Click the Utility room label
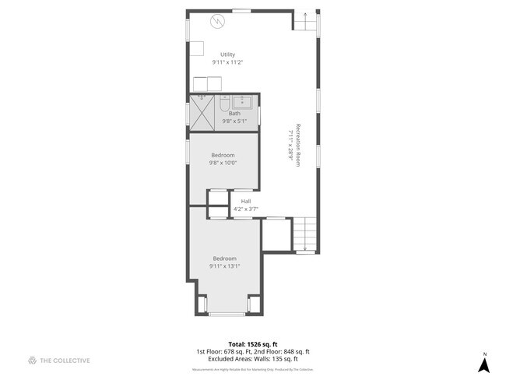227,55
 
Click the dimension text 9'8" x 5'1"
234,121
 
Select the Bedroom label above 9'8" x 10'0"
222,155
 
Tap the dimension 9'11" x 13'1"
224,266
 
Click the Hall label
245,201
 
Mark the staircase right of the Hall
304,232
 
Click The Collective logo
59,361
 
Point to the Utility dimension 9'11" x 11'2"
227,62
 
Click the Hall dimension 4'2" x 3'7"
245,209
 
